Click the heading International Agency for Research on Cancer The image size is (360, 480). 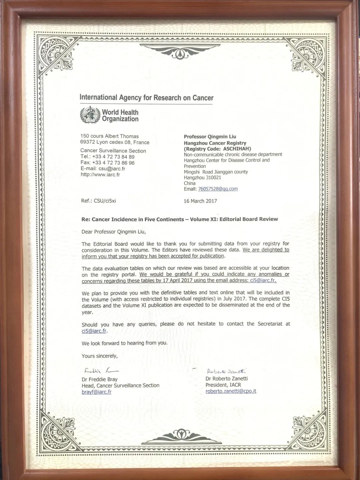[x=146, y=98]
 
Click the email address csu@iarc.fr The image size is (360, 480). [x=112, y=169]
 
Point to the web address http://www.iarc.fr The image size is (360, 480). [x=100, y=175]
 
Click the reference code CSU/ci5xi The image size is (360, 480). [x=105, y=201]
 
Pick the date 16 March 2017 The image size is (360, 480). [x=200, y=201]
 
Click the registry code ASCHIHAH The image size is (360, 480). [x=237, y=149]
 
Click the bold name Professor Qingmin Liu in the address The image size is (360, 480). [x=210, y=137]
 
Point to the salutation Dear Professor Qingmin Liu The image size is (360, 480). [x=114, y=232]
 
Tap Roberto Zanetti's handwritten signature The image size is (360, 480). [x=226, y=371]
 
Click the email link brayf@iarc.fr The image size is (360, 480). [x=96, y=392]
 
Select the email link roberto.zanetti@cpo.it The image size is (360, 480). [x=231, y=391]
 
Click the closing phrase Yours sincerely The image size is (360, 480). [x=99, y=356]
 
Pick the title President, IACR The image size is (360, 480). [x=223, y=385]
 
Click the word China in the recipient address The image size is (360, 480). [x=190, y=183]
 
